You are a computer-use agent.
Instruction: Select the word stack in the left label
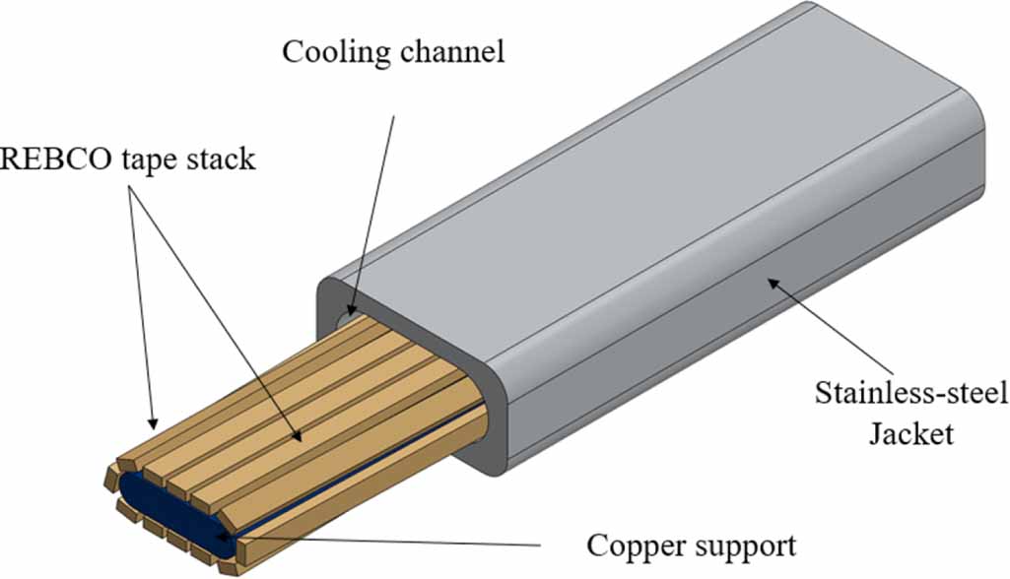pos(217,159)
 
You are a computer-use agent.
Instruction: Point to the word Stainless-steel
pos(911,394)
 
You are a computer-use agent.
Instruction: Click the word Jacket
pos(910,433)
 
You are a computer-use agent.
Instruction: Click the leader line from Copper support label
pos(394,541)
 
